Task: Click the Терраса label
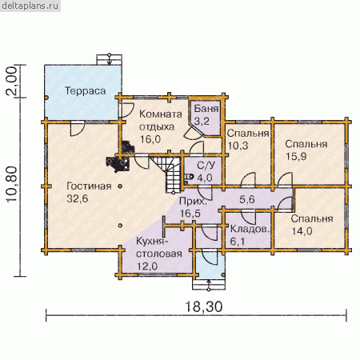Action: (86, 91)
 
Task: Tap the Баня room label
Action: (206, 109)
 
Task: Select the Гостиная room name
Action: (89, 186)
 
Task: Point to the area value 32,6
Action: (78, 198)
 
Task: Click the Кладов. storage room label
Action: (250, 229)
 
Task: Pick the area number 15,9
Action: (296, 156)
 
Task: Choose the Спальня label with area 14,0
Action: (312, 218)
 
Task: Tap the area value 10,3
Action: (238, 146)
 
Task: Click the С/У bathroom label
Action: (206, 166)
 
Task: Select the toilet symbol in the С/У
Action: (188, 177)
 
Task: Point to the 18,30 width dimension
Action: (203, 306)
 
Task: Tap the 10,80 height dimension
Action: (12, 185)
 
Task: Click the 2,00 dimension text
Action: (12, 81)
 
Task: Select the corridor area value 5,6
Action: (246, 199)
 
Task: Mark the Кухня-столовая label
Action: (159, 247)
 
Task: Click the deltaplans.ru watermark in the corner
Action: (30, 6)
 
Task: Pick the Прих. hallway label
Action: (193, 202)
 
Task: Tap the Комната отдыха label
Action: (161, 120)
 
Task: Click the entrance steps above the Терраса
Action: (109, 59)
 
